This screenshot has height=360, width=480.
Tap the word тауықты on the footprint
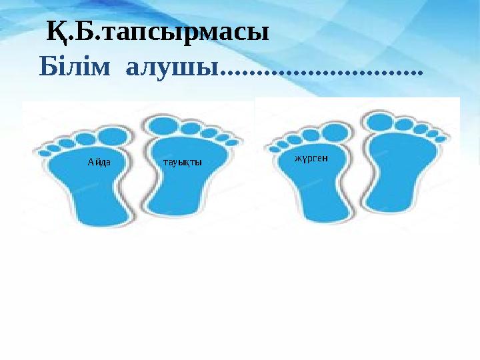(182, 162)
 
